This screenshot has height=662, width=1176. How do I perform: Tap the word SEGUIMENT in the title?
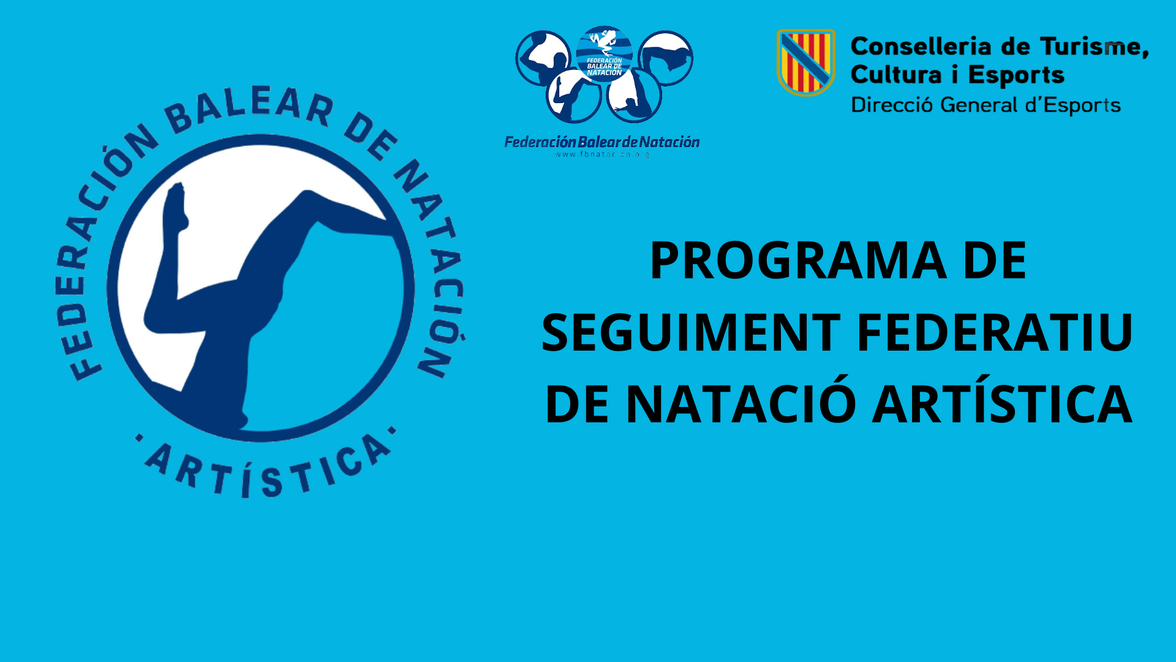pos(691,333)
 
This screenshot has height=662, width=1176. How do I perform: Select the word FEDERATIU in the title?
pos(994,333)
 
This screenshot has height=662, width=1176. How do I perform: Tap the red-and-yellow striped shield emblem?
pos(806,62)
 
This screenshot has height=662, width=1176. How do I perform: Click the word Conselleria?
pos(921,47)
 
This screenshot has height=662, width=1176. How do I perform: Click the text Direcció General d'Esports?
pos(986,105)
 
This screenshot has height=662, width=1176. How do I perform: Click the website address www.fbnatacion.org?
pos(602,154)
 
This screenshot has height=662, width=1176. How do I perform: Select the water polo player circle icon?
pos(543,58)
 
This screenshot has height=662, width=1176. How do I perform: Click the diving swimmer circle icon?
pos(666,58)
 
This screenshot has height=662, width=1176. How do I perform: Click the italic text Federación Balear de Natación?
pos(602,142)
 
